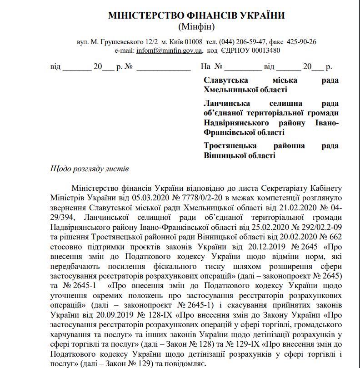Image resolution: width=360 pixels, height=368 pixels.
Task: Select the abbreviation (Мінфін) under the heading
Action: (x=196, y=26)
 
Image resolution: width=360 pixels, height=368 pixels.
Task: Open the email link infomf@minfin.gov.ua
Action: (x=169, y=50)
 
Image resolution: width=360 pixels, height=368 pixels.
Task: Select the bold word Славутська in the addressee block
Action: (x=226, y=80)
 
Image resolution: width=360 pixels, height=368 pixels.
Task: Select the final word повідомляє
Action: (x=187, y=363)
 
